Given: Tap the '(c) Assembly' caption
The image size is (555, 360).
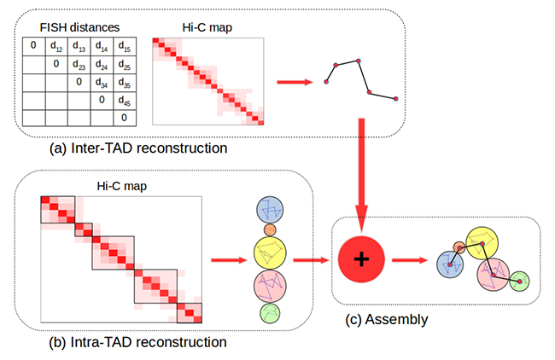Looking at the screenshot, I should pos(387,320).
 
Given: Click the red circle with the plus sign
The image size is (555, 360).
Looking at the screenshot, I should pos(362,262).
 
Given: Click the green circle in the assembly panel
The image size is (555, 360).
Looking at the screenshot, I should pos(520,281).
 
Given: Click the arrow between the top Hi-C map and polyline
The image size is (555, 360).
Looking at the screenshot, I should pos(295,83).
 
